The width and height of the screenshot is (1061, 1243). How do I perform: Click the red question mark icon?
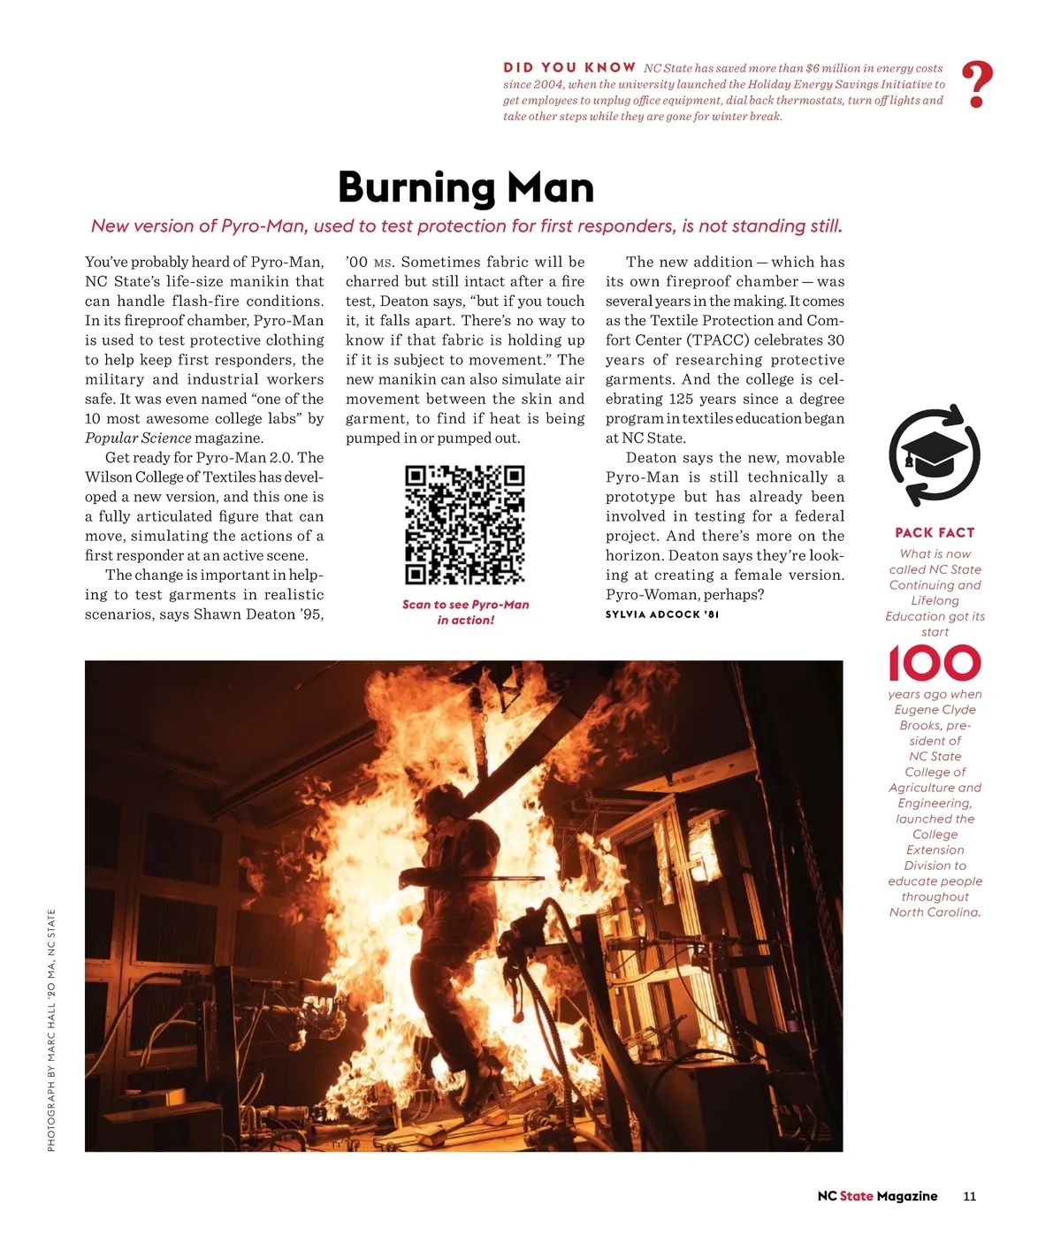pyautogui.click(x=976, y=85)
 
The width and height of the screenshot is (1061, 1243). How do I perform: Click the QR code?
pyautogui.click(x=465, y=525)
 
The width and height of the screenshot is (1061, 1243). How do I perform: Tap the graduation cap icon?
pyautogui.click(x=934, y=456)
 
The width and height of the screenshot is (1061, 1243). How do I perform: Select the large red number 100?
pyautogui.click(x=935, y=663)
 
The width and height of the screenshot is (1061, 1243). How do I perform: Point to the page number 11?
pyautogui.click(x=969, y=1196)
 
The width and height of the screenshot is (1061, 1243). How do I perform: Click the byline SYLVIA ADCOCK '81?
pyautogui.click(x=662, y=614)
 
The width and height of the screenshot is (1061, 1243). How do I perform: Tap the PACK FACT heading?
pyautogui.click(x=935, y=532)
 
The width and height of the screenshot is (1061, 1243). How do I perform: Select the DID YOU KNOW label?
pyautogui.click(x=569, y=67)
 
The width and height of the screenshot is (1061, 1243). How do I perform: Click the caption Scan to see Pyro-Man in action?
pyautogui.click(x=465, y=612)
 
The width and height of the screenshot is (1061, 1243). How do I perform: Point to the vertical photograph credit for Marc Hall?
pyautogui.click(x=51, y=1030)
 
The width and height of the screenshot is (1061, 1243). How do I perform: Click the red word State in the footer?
pyautogui.click(x=856, y=1196)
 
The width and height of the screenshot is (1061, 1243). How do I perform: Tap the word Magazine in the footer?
pyautogui.click(x=907, y=1196)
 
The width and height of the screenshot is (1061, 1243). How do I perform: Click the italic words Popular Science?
pyautogui.click(x=138, y=438)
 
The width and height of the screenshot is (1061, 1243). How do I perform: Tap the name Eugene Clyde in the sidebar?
pyautogui.click(x=935, y=710)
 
